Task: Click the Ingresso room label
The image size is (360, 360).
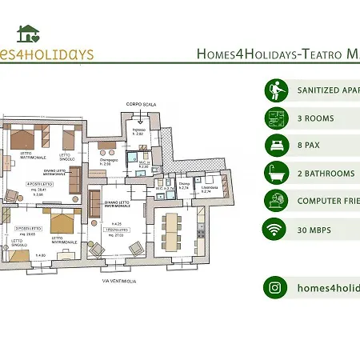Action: (138, 131)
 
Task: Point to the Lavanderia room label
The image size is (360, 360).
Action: (210, 188)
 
